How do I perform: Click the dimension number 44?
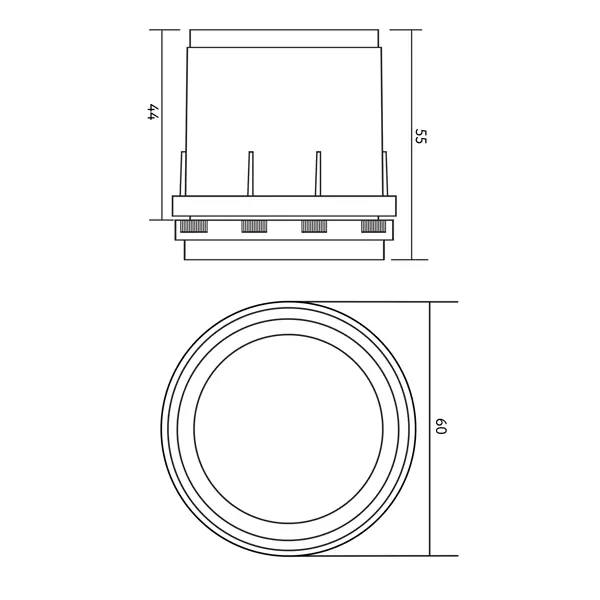(x=153, y=111)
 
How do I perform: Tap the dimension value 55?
(x=421, y=136)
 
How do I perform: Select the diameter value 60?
(x=441, y=426)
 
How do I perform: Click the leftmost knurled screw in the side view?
(x=193, y=227)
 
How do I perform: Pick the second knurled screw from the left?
(x=254, y=227)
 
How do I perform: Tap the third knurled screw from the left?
(x=314, y=227)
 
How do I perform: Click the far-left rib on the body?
(x=183, y=173)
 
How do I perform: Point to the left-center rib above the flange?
(x=250, y=173)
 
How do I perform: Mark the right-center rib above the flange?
(x=318, y=173)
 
